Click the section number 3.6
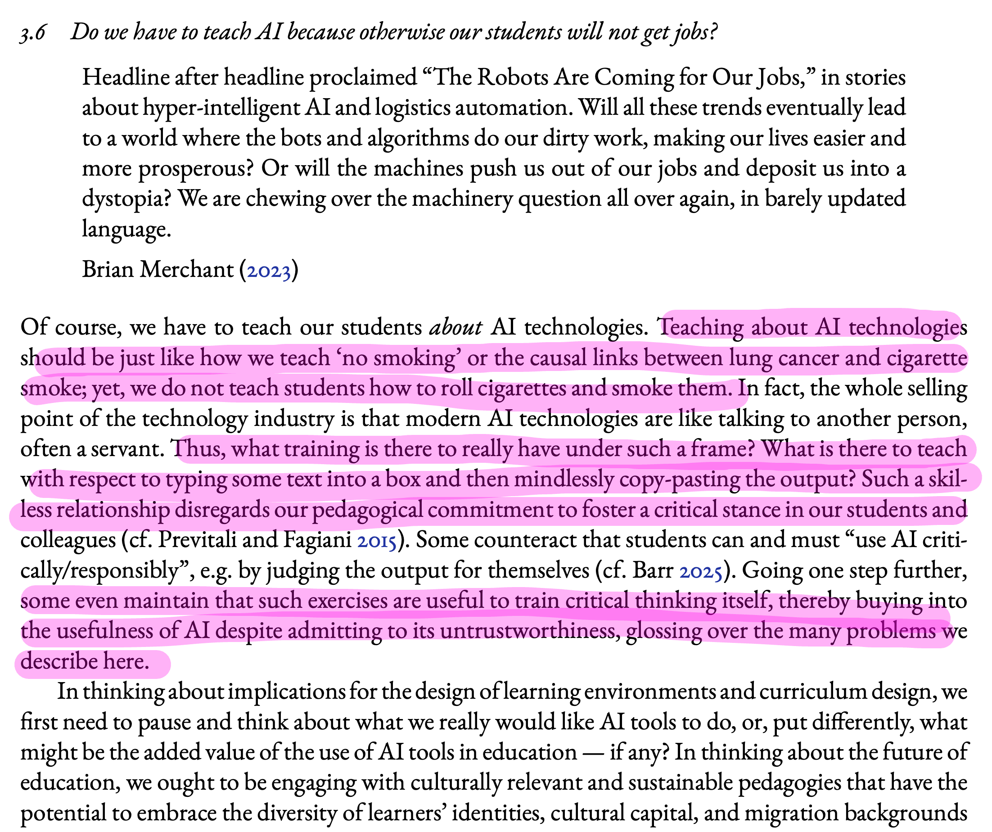(32, 33)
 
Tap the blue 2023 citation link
(269, 270)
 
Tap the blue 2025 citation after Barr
(700, 571)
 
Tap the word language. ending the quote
(126, 230)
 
